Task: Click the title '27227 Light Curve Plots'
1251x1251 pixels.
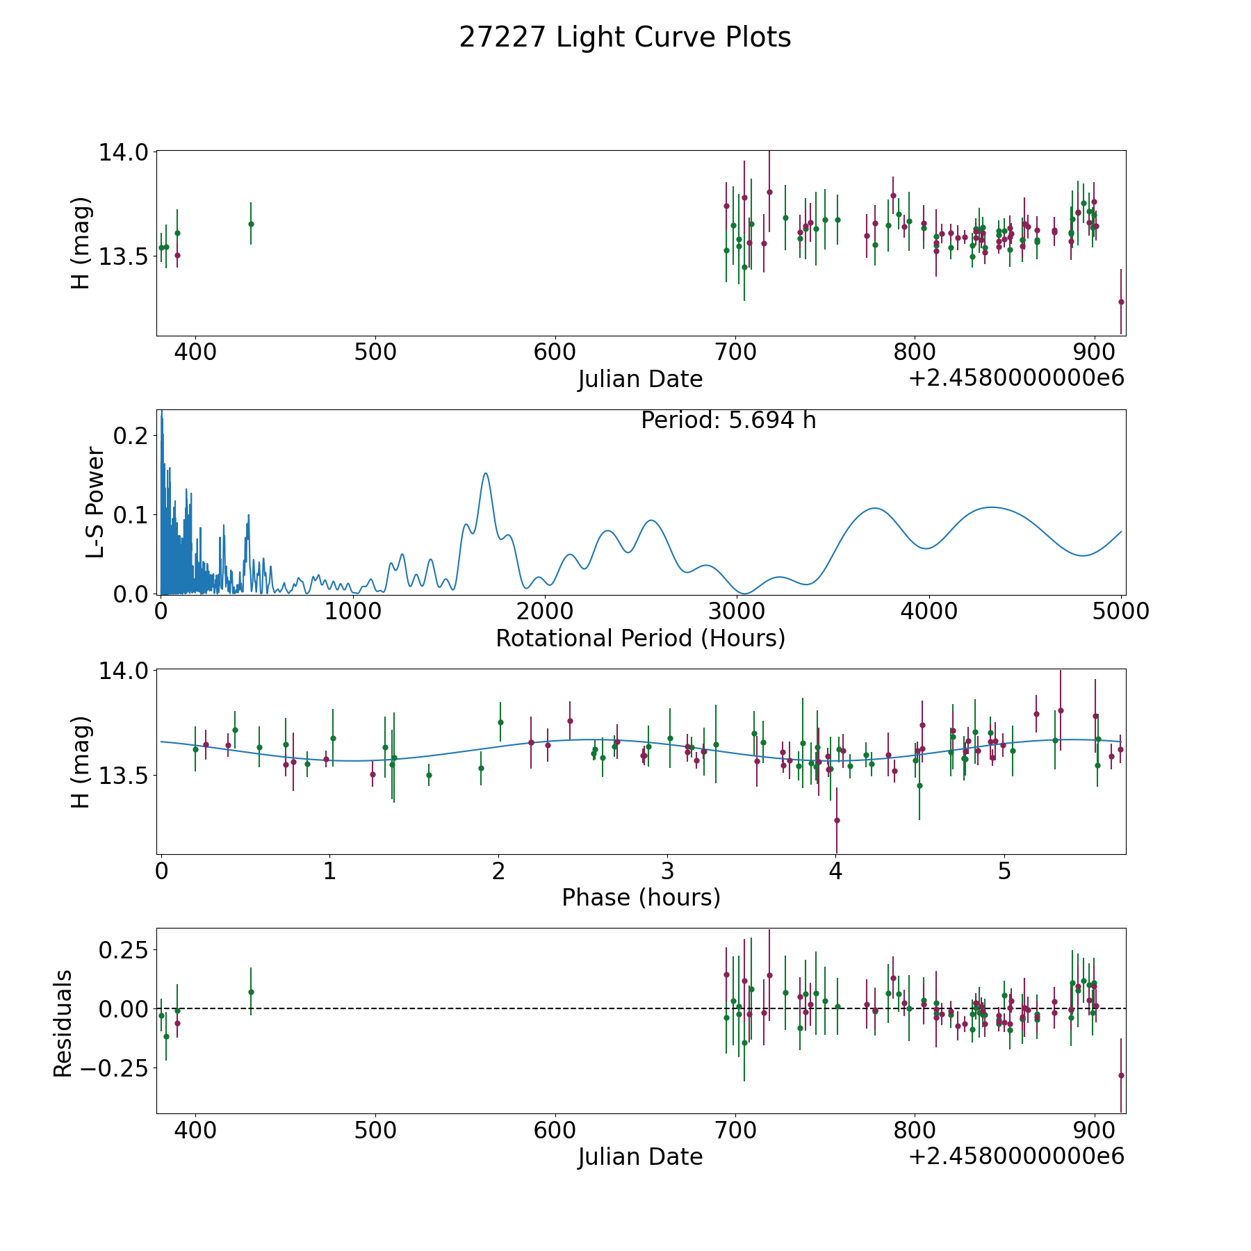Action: [x=625, y=38]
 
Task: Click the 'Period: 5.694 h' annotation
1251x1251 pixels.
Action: [x=728, y=420]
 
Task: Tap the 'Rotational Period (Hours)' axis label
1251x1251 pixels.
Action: [x=640, y=638]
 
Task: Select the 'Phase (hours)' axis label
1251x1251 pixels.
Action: [x=641, y=897]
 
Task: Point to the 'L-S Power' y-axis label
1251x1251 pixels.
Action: [x=95, y=502]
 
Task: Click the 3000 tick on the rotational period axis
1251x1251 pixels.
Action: [x=737, y=612]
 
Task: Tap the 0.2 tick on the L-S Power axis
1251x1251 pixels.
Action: [x=131, y=436]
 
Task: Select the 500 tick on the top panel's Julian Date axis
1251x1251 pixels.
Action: [x=375, y=352]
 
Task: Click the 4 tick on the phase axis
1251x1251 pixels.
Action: [x=836, y=871]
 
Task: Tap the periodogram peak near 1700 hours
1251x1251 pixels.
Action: [x=486, y=473]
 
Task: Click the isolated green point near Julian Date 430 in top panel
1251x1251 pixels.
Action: [x=251, y=224]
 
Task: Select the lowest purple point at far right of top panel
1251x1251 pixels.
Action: [x=1121, y=302]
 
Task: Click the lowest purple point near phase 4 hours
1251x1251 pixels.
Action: [x=837, y=820]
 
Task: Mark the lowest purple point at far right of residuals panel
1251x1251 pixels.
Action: [x=1121, y=1075]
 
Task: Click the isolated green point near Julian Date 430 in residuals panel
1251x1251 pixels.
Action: [x=251, y=992]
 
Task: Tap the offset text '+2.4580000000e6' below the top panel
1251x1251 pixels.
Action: [x=1016, y=378]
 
